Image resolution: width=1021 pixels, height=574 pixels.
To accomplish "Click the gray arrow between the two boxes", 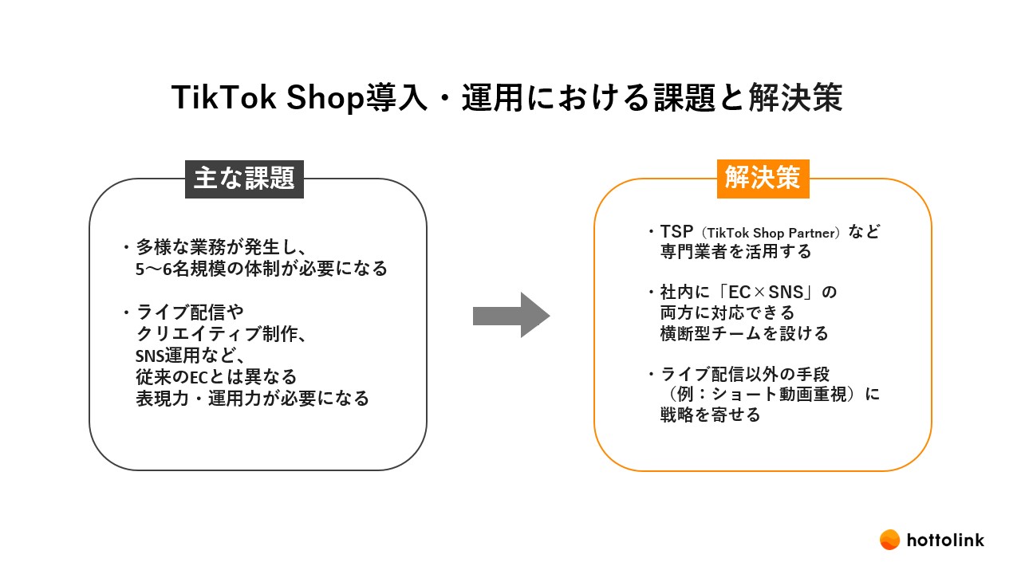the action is tap(511, 315).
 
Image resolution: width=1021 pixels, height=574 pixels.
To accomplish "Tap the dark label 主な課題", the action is tap(244, 179).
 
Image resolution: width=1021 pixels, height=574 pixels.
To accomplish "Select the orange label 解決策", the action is tap(763, 179).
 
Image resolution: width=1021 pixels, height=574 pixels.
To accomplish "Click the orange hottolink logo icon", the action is tap(889, 540).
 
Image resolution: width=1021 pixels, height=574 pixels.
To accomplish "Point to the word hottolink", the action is tap(945, 541).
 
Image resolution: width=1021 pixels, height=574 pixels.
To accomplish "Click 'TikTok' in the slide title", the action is tap(224, 97).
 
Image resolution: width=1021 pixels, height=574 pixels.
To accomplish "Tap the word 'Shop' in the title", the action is tap(325, 98).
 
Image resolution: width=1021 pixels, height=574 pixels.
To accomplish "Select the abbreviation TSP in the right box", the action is tap(676, 232).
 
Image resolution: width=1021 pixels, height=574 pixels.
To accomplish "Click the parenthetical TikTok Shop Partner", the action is tap(771, 234).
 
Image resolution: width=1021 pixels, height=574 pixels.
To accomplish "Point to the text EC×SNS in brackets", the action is tap(766, 292).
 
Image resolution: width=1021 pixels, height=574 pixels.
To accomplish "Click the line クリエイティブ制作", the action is tap(222, 334).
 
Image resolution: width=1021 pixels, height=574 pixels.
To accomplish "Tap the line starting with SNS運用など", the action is tap(191, 356).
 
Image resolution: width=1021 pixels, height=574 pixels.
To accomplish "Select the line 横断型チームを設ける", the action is tap(744, 333).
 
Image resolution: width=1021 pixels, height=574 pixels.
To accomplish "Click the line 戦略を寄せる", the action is tap(710, 415).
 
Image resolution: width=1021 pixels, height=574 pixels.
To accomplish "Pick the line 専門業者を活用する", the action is tap(735, 251).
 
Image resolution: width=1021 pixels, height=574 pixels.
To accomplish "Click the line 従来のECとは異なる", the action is tap(216, 377).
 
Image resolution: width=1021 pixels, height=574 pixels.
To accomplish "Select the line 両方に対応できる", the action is tap(727, 313).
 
